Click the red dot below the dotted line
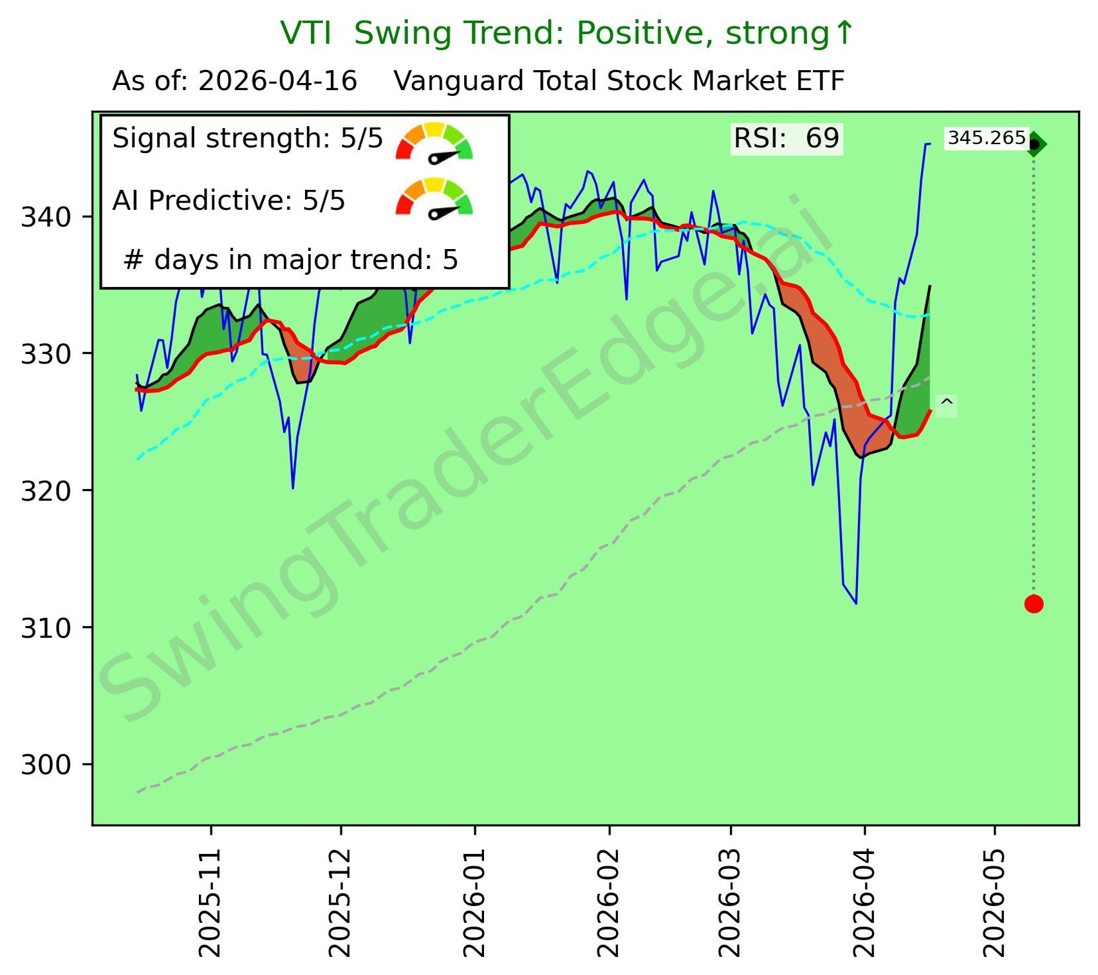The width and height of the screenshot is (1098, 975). click(1033, 604)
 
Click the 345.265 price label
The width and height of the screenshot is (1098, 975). click(986, 138)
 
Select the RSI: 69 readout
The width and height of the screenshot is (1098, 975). click(786, 139)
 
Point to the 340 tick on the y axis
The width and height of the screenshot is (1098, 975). click(46, 217)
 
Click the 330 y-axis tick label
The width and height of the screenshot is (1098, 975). click(46, 354)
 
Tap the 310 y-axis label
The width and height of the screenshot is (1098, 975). click(46, 628)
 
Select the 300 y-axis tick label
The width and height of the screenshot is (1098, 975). click(46, 765)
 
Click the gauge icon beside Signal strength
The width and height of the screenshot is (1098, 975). click(434, 142)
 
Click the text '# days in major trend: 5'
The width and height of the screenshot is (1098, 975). click(290, 260)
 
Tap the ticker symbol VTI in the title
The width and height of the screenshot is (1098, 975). click(306, 33)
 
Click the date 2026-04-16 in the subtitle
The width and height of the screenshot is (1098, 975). click(277, 82)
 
